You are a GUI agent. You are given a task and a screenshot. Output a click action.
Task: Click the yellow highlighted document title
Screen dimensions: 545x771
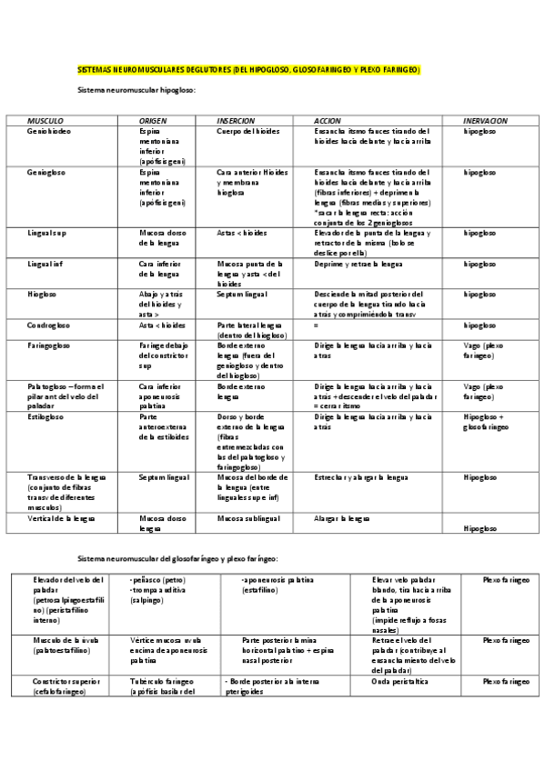[247, 70]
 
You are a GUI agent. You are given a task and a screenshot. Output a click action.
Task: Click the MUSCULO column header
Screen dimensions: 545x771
[45, 121]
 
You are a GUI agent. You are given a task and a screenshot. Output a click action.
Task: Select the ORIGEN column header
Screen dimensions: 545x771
[152, 121]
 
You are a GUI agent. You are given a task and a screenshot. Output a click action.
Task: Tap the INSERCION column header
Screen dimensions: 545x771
[236, 121]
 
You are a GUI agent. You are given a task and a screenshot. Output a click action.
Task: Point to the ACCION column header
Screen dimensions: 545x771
[327, 121]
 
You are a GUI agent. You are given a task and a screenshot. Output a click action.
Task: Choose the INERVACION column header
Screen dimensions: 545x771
[485, 121]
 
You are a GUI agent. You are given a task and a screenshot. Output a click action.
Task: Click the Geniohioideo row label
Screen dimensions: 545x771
[49, 131]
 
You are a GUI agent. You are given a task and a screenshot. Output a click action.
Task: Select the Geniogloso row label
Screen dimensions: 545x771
[45, 171]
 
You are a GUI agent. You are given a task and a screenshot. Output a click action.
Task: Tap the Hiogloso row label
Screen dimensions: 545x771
[41, 294]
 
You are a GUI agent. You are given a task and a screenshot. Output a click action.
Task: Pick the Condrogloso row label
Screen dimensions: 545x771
[47, 325]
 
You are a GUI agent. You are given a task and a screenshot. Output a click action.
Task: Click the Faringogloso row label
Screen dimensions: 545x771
[48, 345]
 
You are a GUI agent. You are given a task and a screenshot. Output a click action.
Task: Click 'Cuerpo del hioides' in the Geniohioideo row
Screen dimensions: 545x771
[248, 131]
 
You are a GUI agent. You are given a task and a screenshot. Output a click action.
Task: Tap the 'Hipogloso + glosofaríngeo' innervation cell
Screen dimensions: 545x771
[486, 421]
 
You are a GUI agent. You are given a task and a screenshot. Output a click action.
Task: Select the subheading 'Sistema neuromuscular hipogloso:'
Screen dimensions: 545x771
[136, 91]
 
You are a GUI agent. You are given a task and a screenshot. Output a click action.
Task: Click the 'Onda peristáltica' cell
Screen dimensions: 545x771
[400, 681]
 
